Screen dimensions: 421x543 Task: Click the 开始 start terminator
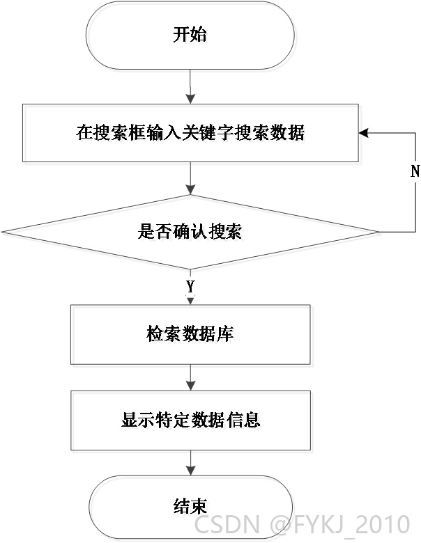click(x=190, y=35)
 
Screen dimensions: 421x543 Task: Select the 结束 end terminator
click(x=190, y=507)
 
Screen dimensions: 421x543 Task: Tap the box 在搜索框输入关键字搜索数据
click(x=190, y=133)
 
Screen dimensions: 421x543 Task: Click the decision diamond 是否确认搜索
click(x=190, y=232)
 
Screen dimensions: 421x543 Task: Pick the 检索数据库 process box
click(x=190, y=335)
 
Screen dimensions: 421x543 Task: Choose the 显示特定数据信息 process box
click(x=190, y=420)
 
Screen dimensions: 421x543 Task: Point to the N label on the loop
click(x=415, y=171)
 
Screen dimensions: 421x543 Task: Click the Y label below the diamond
click(x=190, y=287)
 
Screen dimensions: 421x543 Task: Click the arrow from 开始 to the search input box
click(x=190, y=86)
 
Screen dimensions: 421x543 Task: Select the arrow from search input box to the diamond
click(x=190, y=178)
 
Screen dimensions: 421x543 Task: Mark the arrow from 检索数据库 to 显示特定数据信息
click(x=190, y=377)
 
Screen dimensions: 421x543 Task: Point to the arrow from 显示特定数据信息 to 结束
click(x=190, y=463)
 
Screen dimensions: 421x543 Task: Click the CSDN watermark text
click(x=227, y=524)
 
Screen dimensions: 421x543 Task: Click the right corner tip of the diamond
click(x=378, y=232)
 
